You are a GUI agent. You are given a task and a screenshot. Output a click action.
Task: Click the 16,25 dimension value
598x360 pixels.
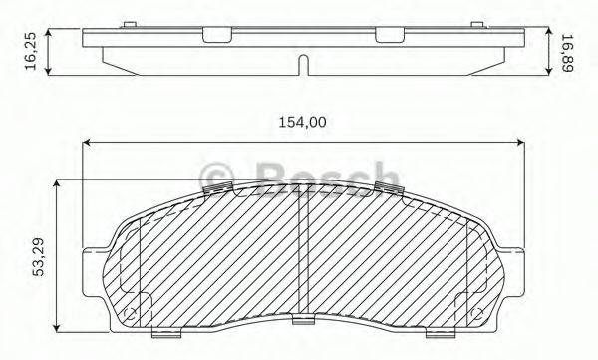coord(31,51)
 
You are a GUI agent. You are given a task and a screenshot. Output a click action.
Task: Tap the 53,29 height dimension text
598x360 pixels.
coord(39,256)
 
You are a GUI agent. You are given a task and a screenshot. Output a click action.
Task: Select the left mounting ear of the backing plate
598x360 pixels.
coord(95,252)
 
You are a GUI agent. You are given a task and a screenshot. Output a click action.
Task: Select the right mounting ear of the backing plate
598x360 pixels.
coord(512,252)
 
